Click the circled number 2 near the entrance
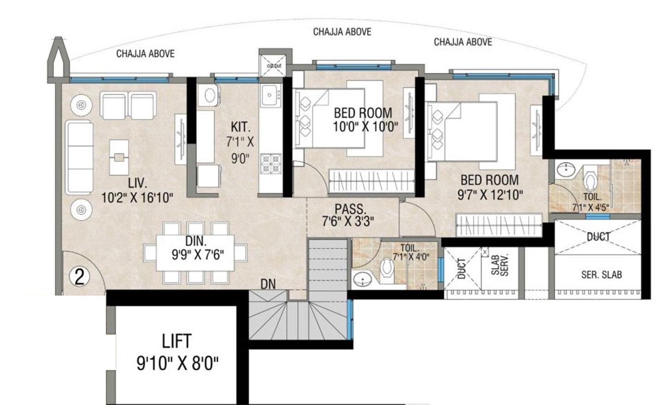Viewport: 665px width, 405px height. click(x=79, y=277)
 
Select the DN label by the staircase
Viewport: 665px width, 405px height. click(x=268, y=284)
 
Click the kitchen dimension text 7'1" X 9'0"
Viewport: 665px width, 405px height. click(x=240, y=142)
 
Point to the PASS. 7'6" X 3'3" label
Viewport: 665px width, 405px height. click(x=348, y=215)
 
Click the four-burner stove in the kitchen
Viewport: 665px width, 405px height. click(x=271, y=164)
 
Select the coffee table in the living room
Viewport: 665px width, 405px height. click(x=120, y=157)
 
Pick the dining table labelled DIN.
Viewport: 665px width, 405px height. click(x=194, y=253)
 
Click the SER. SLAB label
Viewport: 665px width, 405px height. click(x=601, y=275)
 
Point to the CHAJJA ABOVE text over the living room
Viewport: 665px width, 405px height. click(x=145, y=54)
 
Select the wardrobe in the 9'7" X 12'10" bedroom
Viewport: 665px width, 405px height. click(x=499, y=225)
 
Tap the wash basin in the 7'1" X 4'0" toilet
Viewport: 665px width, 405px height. click(x=364, y=280)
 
